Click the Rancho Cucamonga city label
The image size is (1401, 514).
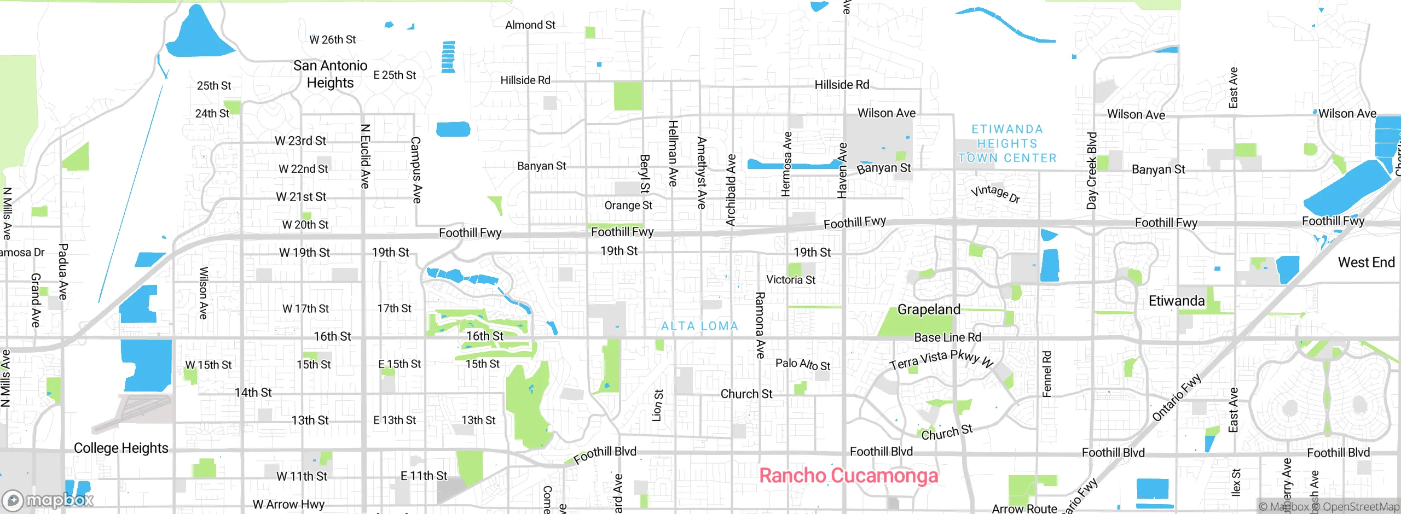[x=848, y=476]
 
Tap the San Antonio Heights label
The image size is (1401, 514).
[x=330, y=74]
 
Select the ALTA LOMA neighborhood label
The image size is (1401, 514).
[x=699, y=326]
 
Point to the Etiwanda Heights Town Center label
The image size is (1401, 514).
[x=1007, y=143]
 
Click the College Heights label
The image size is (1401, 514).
[x=121, y=448]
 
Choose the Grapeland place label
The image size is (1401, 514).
[x=929, y=309]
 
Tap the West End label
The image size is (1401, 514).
[x=1366, y=262]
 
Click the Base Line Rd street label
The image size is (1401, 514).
[x=947, y=337]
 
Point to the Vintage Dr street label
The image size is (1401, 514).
[x=995, y=193]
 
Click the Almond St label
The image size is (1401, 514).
[x=530, y=25]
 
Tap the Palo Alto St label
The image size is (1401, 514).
[x=803, y=364]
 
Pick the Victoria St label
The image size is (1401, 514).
[x=791, y=280]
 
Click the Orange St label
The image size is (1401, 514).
[x=628, y=206]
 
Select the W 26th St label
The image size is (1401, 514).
[x=332, y=40]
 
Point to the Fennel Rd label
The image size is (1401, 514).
[x=1046, y=374]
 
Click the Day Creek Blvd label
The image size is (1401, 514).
[x=1092, y=171]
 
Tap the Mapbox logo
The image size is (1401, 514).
[x=48, y=500]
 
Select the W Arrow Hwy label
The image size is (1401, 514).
[x=288, y=504]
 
